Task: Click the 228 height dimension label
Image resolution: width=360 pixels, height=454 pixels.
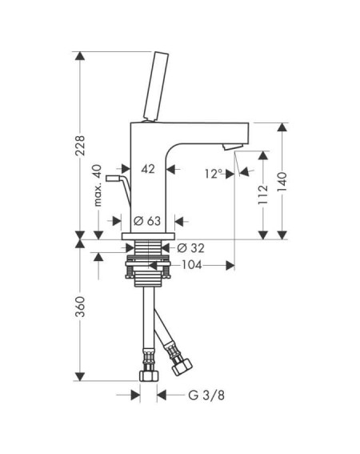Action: pos(80,146)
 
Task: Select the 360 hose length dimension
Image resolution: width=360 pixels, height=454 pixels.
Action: pos(80,307)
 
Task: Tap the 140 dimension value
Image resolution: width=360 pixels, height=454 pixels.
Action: pos(282,182)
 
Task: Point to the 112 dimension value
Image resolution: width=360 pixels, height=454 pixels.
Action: pos(263,195)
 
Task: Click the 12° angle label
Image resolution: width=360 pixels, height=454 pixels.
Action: pos(214,174)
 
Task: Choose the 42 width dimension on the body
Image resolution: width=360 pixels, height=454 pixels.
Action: pos(148,169)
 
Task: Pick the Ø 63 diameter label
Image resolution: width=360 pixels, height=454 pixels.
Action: pos(147,221)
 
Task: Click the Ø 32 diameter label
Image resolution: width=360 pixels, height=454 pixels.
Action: pos(190,248)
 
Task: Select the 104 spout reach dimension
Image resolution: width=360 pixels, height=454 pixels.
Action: pos(191,265)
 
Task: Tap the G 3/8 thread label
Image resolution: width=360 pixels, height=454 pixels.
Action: pos(206,395)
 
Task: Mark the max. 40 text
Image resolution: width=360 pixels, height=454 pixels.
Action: pos(98,185)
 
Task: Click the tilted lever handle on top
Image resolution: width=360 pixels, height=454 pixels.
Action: pos(156,86)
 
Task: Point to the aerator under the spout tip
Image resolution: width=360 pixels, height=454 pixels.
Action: pos(233,147)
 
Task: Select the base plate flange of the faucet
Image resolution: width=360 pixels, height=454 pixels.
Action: pos(149,236)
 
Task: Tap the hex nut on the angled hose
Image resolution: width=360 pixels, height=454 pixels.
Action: pos(182,367)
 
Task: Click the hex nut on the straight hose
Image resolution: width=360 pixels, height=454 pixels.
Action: pos(149,376)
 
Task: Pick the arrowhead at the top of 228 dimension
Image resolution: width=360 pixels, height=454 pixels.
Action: pos(80,56)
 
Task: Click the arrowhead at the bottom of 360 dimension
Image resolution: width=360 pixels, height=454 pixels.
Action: pos(80,376)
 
